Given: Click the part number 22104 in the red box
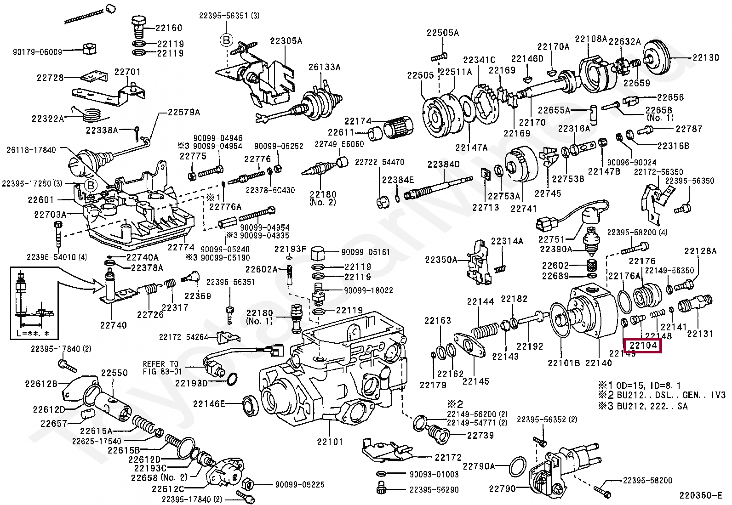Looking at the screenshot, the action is pyautogui.click(x=643, y=345).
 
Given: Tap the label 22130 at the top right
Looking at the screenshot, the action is pyautogui.click(x=706, y=58).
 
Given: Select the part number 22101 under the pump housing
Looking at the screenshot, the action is pyautogui.click(x=330, y=442).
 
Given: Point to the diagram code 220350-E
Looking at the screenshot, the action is pyautogui.click(x=701, y=495).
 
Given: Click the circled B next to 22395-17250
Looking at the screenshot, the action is pyautogui.click(x=91, y=186).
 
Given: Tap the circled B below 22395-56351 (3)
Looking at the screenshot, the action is pyautogui.click(x=227, y=40).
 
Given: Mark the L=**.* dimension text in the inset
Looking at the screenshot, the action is pyautogui.click(x=33, y=333).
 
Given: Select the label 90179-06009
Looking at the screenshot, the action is pyautogui.click(x=37, y=52).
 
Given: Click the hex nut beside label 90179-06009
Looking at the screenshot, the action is pyautogui.click(x=88, y=49).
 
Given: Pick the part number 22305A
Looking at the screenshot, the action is pyautogui.click(x=286, y=41).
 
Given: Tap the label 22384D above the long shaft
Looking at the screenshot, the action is pyautogui.click(x=443, y=164).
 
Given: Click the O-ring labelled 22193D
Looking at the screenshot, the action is pyautogui.click(x=232, y=379).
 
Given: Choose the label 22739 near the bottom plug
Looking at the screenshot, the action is pyautogui.click(x=480, y=435).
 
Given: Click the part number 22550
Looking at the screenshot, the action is pyautogui.click(x=114, y=373).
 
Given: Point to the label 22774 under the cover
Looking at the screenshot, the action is pyautogui.click(x=181, y=247).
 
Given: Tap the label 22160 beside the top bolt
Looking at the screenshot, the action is pyautogui.click(x=169, y=28).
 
